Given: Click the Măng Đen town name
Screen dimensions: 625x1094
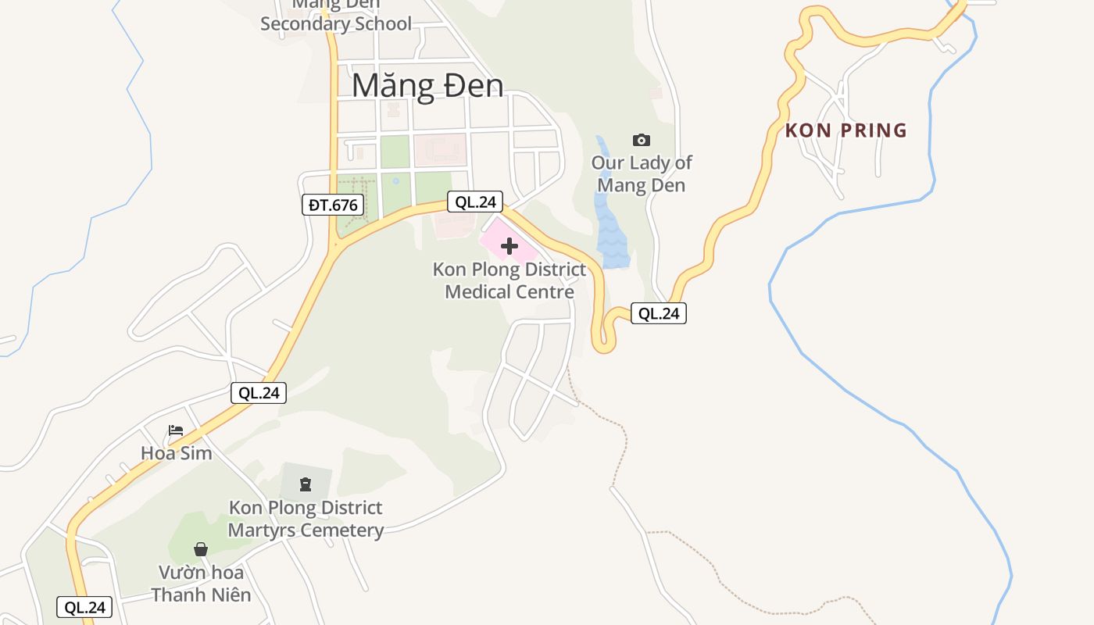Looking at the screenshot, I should (x=427, y=85).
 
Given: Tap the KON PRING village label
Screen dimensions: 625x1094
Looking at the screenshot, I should (x=846, y=130).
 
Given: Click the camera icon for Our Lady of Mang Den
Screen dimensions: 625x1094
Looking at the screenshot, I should (x=641, y=140).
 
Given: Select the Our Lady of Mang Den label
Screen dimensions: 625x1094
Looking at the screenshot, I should (x=641, y=174).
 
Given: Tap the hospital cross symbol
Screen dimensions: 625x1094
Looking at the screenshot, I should (x=509, y=247).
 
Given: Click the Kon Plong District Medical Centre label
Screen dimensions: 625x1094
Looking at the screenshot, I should (x=509, y=280).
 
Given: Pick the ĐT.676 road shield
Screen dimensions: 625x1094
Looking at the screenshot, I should (x=333, y=205).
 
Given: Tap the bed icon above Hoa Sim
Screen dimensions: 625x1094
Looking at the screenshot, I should (x=176, y=430).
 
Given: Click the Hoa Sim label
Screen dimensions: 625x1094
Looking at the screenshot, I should (x=177, y=453).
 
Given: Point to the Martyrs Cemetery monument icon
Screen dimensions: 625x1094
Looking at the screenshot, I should (x=306, y=484).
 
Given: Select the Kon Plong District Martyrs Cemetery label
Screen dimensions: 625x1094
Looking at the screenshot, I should (x=306, y=519).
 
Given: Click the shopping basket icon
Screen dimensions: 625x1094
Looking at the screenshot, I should (x=201, y=549).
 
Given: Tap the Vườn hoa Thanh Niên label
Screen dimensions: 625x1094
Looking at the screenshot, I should (x=201, y=584).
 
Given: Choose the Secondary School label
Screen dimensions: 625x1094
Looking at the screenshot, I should (x=336, y=23).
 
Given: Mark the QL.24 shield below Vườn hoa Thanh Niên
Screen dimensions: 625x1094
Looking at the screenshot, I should (x=84, y=607).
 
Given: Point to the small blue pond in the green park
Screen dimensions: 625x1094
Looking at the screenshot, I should (x=395, y=181).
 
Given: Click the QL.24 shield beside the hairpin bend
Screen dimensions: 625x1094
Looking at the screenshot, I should (x=659, y=313).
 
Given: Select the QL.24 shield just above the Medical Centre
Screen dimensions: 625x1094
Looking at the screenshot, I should (x=475, y=202).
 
